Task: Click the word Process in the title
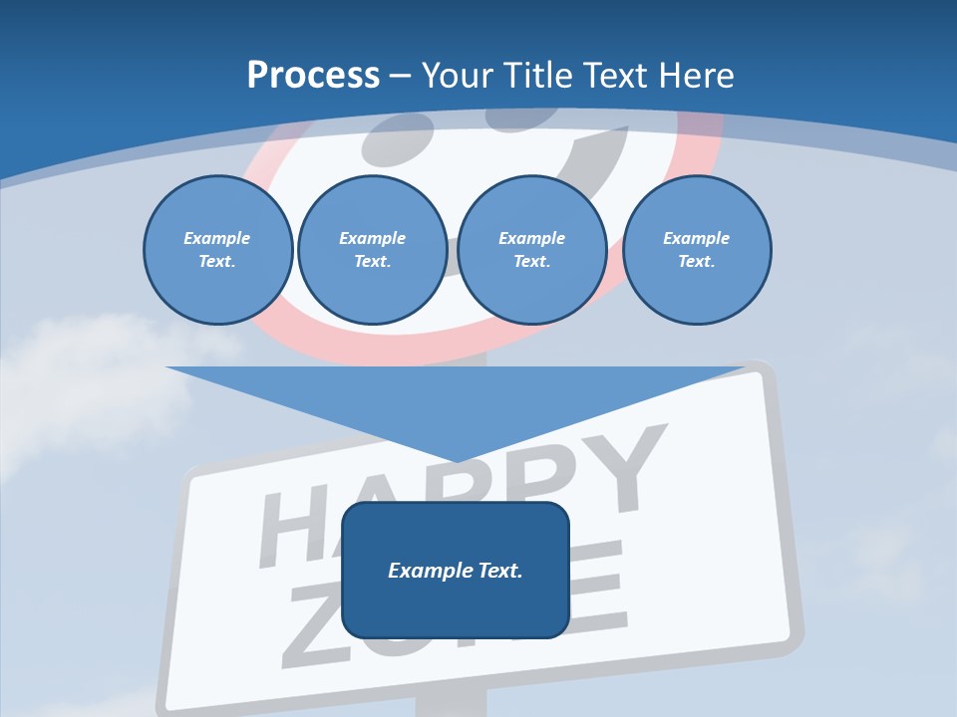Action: point(313,75)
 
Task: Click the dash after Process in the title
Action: point(400,76)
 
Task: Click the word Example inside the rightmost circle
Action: point(696,238)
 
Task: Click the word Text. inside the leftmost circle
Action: point(217,262)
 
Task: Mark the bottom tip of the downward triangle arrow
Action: point(456,460)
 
